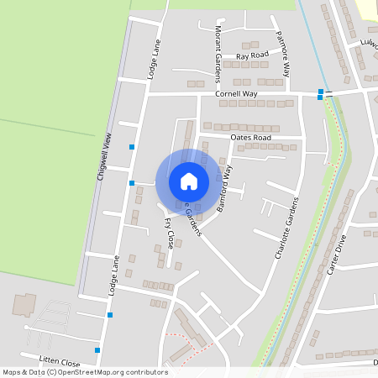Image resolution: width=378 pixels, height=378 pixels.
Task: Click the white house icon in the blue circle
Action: click(x=189, y=181)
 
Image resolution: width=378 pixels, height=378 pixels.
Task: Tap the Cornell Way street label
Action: click(x=236, y=94)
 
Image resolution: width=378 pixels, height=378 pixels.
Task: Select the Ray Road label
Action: click(x=252, y=55)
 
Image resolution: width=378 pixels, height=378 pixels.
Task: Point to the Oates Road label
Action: click(x=251, y=137)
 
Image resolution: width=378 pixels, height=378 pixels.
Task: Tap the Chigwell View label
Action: click(x=104, y=159)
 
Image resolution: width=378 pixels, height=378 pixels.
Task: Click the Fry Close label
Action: click(x=170, y=234)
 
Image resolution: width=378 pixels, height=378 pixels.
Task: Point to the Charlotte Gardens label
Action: click(x=287, y=227)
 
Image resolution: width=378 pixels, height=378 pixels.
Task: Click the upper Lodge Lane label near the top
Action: click(x=155, y=59)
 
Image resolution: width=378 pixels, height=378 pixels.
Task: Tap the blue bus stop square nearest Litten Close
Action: click(x=97, y=349)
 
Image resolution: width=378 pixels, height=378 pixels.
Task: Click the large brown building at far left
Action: click(x=24, y=304)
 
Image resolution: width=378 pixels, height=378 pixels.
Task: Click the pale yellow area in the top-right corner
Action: click(x=366, y=8)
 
